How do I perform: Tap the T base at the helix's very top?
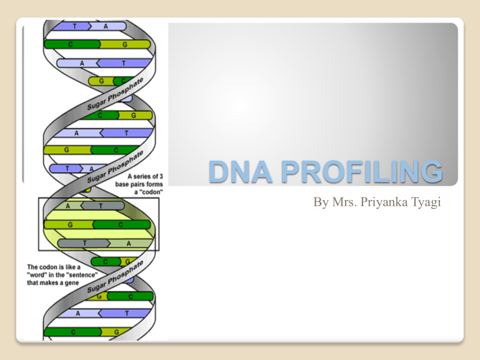76,26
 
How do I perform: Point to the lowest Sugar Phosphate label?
119,272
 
